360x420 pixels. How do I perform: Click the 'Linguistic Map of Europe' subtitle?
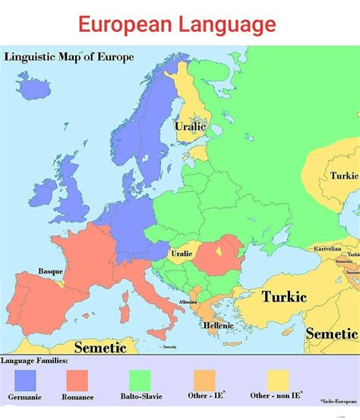(x=69, y=57)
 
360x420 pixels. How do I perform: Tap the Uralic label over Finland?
(x=190, y=127)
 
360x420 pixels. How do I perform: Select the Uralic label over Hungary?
(x=181, y=253)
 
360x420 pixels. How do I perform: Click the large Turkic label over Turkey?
(x=284, y=296)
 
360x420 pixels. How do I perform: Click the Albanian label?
(x=188, y=302)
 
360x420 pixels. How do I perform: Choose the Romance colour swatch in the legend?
(x=77, y=380)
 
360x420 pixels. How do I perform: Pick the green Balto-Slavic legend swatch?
(x=141, y=380)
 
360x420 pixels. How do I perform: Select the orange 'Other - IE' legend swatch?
(x=205, y=380)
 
